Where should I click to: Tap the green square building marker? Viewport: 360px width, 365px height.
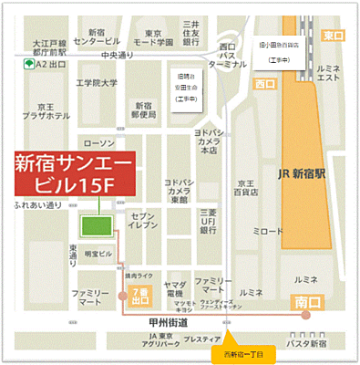[93, 226]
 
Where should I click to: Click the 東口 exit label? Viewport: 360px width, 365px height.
[333, 35]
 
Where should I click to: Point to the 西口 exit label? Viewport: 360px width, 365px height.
[265, 84]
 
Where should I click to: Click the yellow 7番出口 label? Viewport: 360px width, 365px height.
[140, 295]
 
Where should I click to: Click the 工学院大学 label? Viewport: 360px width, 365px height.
[97, 83]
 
